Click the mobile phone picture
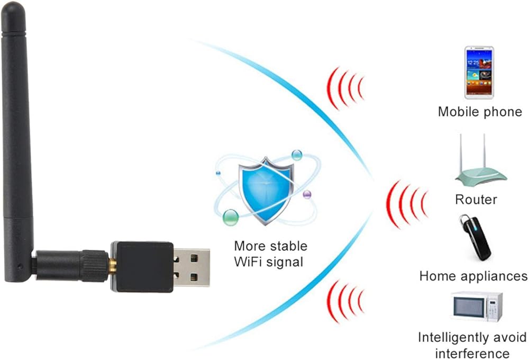479,73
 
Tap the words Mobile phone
480,112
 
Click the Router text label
476,200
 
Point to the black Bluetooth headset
474,238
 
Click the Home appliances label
473,276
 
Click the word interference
472,353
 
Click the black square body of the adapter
142,267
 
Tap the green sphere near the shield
230,217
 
